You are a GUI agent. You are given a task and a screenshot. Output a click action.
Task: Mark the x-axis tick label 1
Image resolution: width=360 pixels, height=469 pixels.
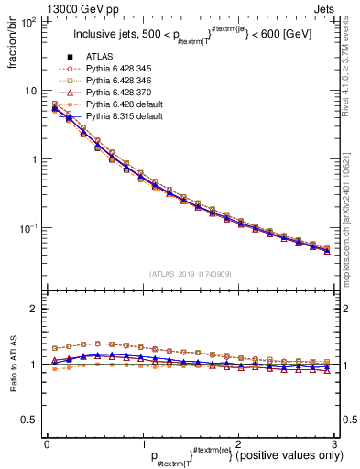[x=142, y=442]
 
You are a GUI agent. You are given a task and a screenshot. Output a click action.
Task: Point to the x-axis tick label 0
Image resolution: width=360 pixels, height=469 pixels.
[x=48, y=442]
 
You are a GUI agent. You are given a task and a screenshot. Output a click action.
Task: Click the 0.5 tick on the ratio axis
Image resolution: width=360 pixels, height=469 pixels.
[x=30, y=420]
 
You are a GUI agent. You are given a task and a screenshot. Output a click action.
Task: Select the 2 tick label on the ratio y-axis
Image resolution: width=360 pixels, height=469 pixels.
[x=34, y=309]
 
